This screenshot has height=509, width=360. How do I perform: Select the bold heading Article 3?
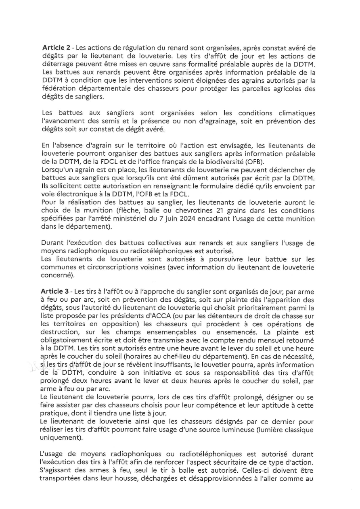point(54,291)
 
